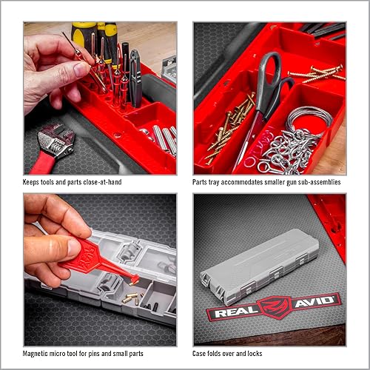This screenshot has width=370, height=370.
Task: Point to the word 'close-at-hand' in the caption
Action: (x=101, y=181)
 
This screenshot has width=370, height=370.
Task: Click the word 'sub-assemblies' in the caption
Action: (x=318, y=181)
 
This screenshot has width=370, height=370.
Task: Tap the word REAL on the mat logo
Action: (x=232, y=309)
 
